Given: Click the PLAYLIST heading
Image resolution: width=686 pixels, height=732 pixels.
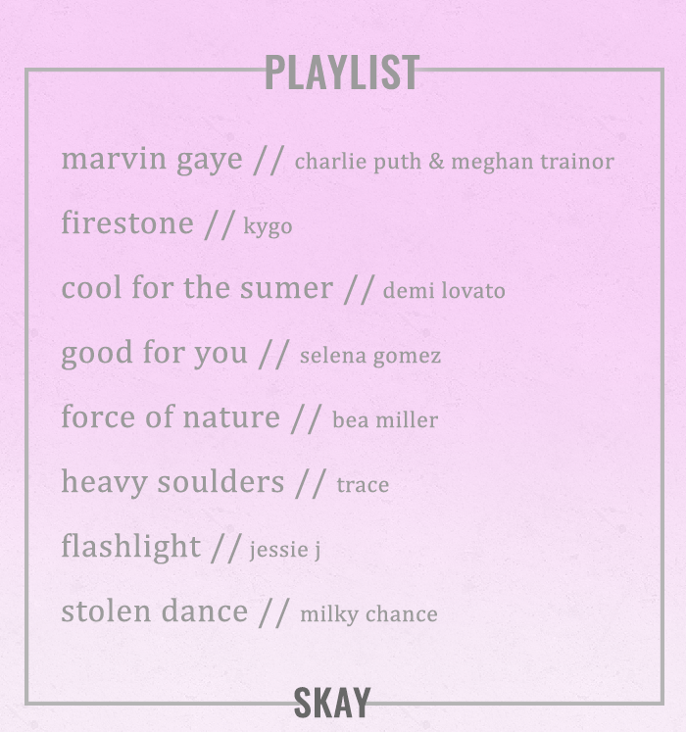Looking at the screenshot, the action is pyautogui.click(x=342, y=72).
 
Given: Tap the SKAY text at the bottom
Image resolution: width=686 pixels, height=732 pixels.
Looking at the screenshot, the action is pyautogui.click(x=332, y=703).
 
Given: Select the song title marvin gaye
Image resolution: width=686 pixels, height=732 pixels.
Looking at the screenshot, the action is pyautogui.click(x=152, y=160).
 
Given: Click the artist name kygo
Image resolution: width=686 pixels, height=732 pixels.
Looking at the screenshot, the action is pyautogui.click(x=268, y=227).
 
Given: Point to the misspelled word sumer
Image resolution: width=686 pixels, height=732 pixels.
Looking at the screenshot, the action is pyautogui.click(x=286, y=288).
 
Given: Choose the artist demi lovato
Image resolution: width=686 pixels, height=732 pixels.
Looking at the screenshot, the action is pyautogui.click(x=444, y=290).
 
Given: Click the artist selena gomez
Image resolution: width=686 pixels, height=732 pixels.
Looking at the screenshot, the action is pyautogui.click(x=370, y=356).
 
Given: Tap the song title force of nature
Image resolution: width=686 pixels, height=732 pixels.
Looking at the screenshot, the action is pyautogui.click(x=171, y=416).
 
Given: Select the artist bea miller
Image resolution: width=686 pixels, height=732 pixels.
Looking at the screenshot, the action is pyautogui.click(x=385, y=419).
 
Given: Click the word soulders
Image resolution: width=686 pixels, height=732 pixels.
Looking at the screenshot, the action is pyautogui.click(x=220, y=481).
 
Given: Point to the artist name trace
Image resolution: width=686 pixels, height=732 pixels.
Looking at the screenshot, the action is pyautogui.click(x=363, y=485).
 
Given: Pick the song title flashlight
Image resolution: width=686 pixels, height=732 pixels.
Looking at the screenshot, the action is pyautogui.click(x=130, y=547).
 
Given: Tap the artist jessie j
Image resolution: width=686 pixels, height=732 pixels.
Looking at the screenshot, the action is pyautogui.click(x=285, y=550).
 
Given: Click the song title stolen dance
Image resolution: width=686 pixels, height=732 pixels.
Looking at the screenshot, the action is pyautogui.click(x=154, y=610).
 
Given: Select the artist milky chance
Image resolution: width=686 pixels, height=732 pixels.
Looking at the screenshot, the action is pyautogui.click(x=368, y=614).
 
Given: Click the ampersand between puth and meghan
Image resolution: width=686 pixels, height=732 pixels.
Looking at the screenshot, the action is pyautogui.click(x=436, y=162).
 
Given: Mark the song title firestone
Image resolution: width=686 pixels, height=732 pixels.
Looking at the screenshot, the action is pyautogui.click(x=127, y=222).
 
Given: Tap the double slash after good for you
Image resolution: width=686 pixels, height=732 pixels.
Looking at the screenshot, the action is pyautogui.click(x=273, y=355).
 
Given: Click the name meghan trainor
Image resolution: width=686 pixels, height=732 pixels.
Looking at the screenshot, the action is pyautogui.click(x=532, y=162).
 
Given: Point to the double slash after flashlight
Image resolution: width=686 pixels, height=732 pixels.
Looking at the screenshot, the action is pyautogui.click(x=226, y=548).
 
